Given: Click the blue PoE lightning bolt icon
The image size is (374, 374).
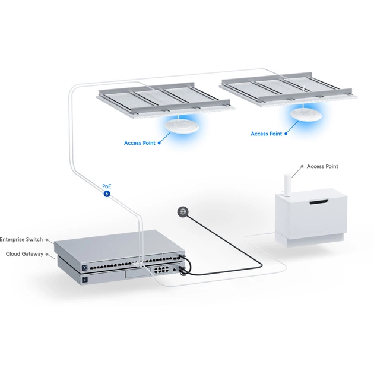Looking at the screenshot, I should tap(107, 194).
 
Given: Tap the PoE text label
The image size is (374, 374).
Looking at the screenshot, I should tap(107, 186).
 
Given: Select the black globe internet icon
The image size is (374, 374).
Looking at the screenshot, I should tap(183, 211).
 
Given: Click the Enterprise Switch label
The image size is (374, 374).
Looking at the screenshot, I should tap(21, 239).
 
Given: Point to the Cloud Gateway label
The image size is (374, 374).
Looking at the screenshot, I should tap(24, 253).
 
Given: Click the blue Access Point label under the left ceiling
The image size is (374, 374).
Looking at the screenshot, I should tap(140, 143).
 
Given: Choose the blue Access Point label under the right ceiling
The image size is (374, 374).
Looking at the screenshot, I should tap(267, 134).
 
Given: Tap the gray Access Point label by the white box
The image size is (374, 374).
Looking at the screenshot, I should tap(322, 166).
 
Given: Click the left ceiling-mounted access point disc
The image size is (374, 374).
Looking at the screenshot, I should tap(182, 126).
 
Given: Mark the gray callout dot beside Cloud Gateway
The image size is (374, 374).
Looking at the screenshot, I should tap(50, 253).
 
